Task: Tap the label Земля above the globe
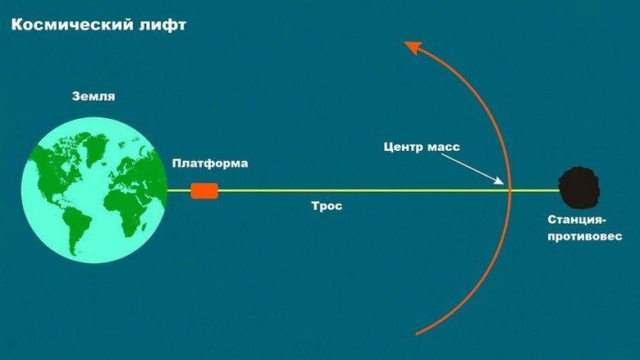tap(93, 96)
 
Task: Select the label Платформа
tap(210, 164)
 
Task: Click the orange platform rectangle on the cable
tap(204, 190)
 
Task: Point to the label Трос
tap(327, 207)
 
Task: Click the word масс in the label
tap(443, 148)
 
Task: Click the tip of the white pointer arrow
tap(503, 182)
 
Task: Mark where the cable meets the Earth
tap(167, 190)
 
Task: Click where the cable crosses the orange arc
tap(510, 190)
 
